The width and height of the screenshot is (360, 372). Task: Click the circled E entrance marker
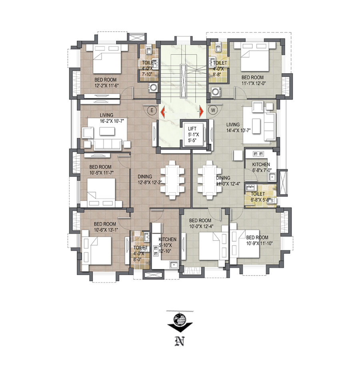(x=152, y=110)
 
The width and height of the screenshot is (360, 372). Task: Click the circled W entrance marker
(x=213, y=110)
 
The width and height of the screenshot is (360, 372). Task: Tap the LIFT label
(x=192, y=128)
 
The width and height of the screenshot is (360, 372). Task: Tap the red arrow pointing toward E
(x=163, y=111)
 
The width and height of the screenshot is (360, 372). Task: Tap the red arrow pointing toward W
(x=201, y=111)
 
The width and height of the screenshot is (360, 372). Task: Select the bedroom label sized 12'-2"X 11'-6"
(x=106, y=83)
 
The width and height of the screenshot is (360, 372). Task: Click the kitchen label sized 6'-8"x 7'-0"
(x=261, y=167)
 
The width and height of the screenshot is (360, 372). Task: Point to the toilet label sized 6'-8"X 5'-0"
(x=260, y=197)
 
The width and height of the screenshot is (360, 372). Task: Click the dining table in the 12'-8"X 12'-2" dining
(x=172, y=180)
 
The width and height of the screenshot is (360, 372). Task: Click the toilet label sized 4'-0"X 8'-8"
(x=220, y=68)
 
